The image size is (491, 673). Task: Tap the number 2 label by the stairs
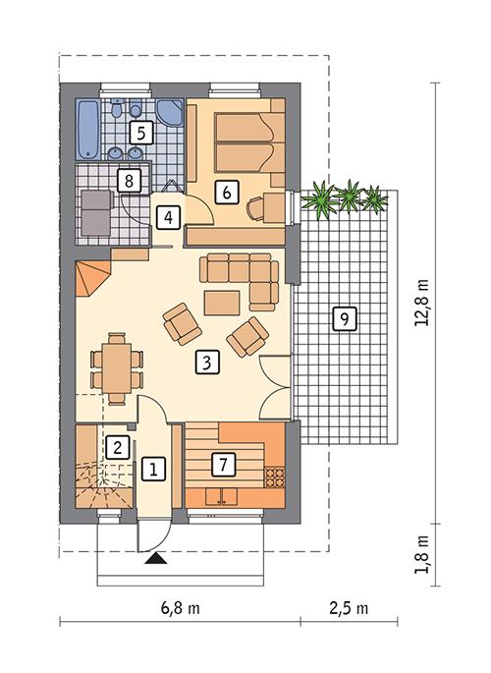click(118, 447)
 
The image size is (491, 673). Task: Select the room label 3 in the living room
click(205, 362)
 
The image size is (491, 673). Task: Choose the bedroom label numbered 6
click(227, 192)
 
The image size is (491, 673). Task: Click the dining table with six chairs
click(115, 367)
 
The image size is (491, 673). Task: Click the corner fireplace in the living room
click(92, 276)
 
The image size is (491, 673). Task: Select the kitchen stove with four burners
click(273, 477)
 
